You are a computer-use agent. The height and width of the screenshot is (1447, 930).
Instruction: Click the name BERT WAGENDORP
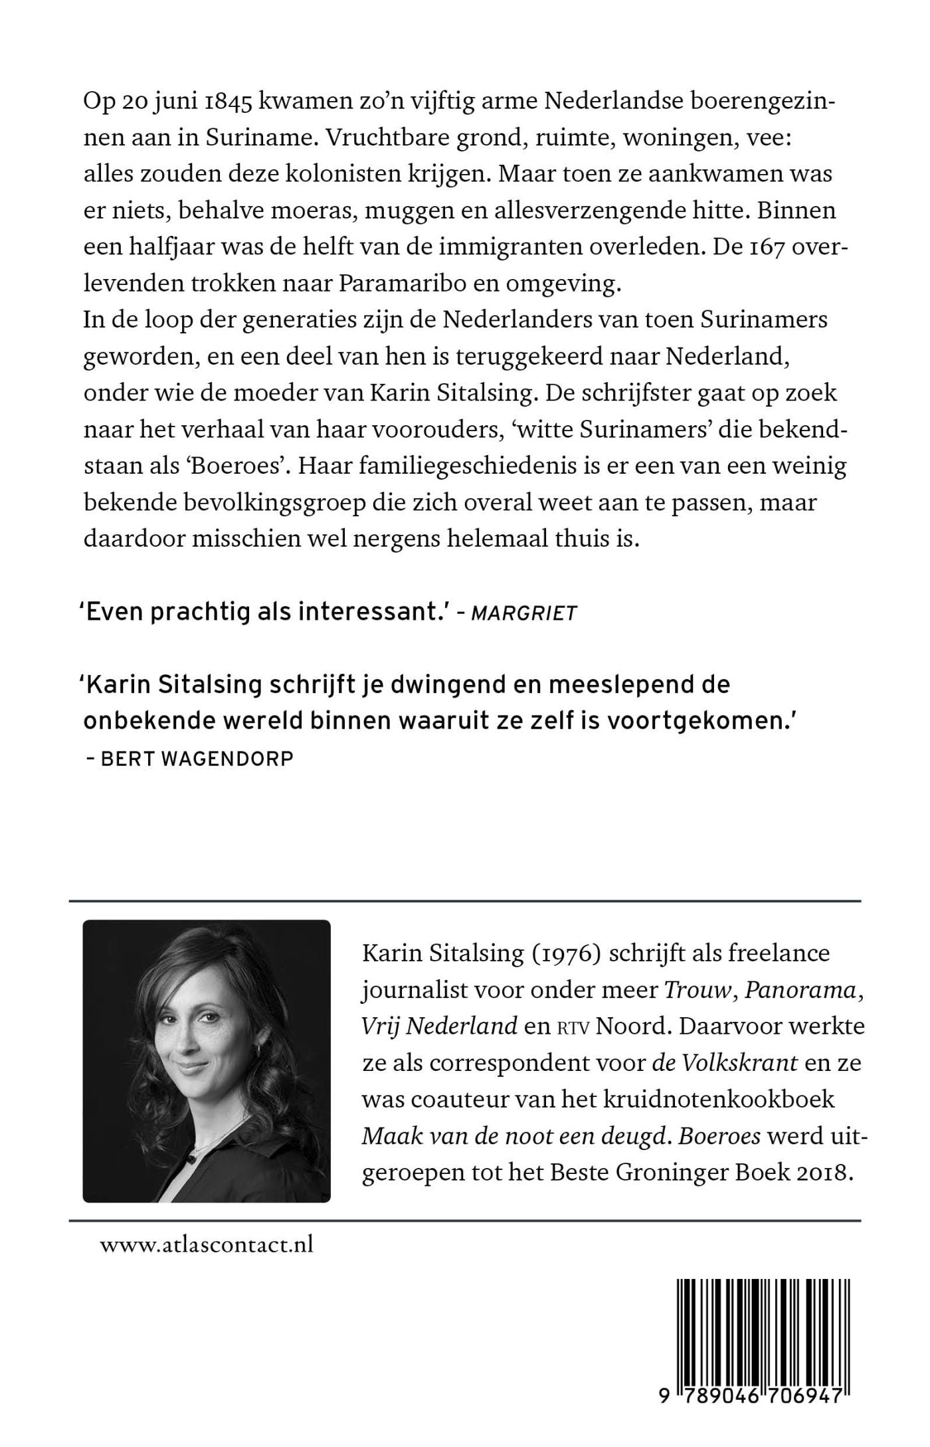point(197,759)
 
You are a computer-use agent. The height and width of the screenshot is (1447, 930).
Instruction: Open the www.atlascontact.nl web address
point(207,1244)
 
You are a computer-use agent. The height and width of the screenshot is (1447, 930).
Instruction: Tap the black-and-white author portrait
point(207,1061)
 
